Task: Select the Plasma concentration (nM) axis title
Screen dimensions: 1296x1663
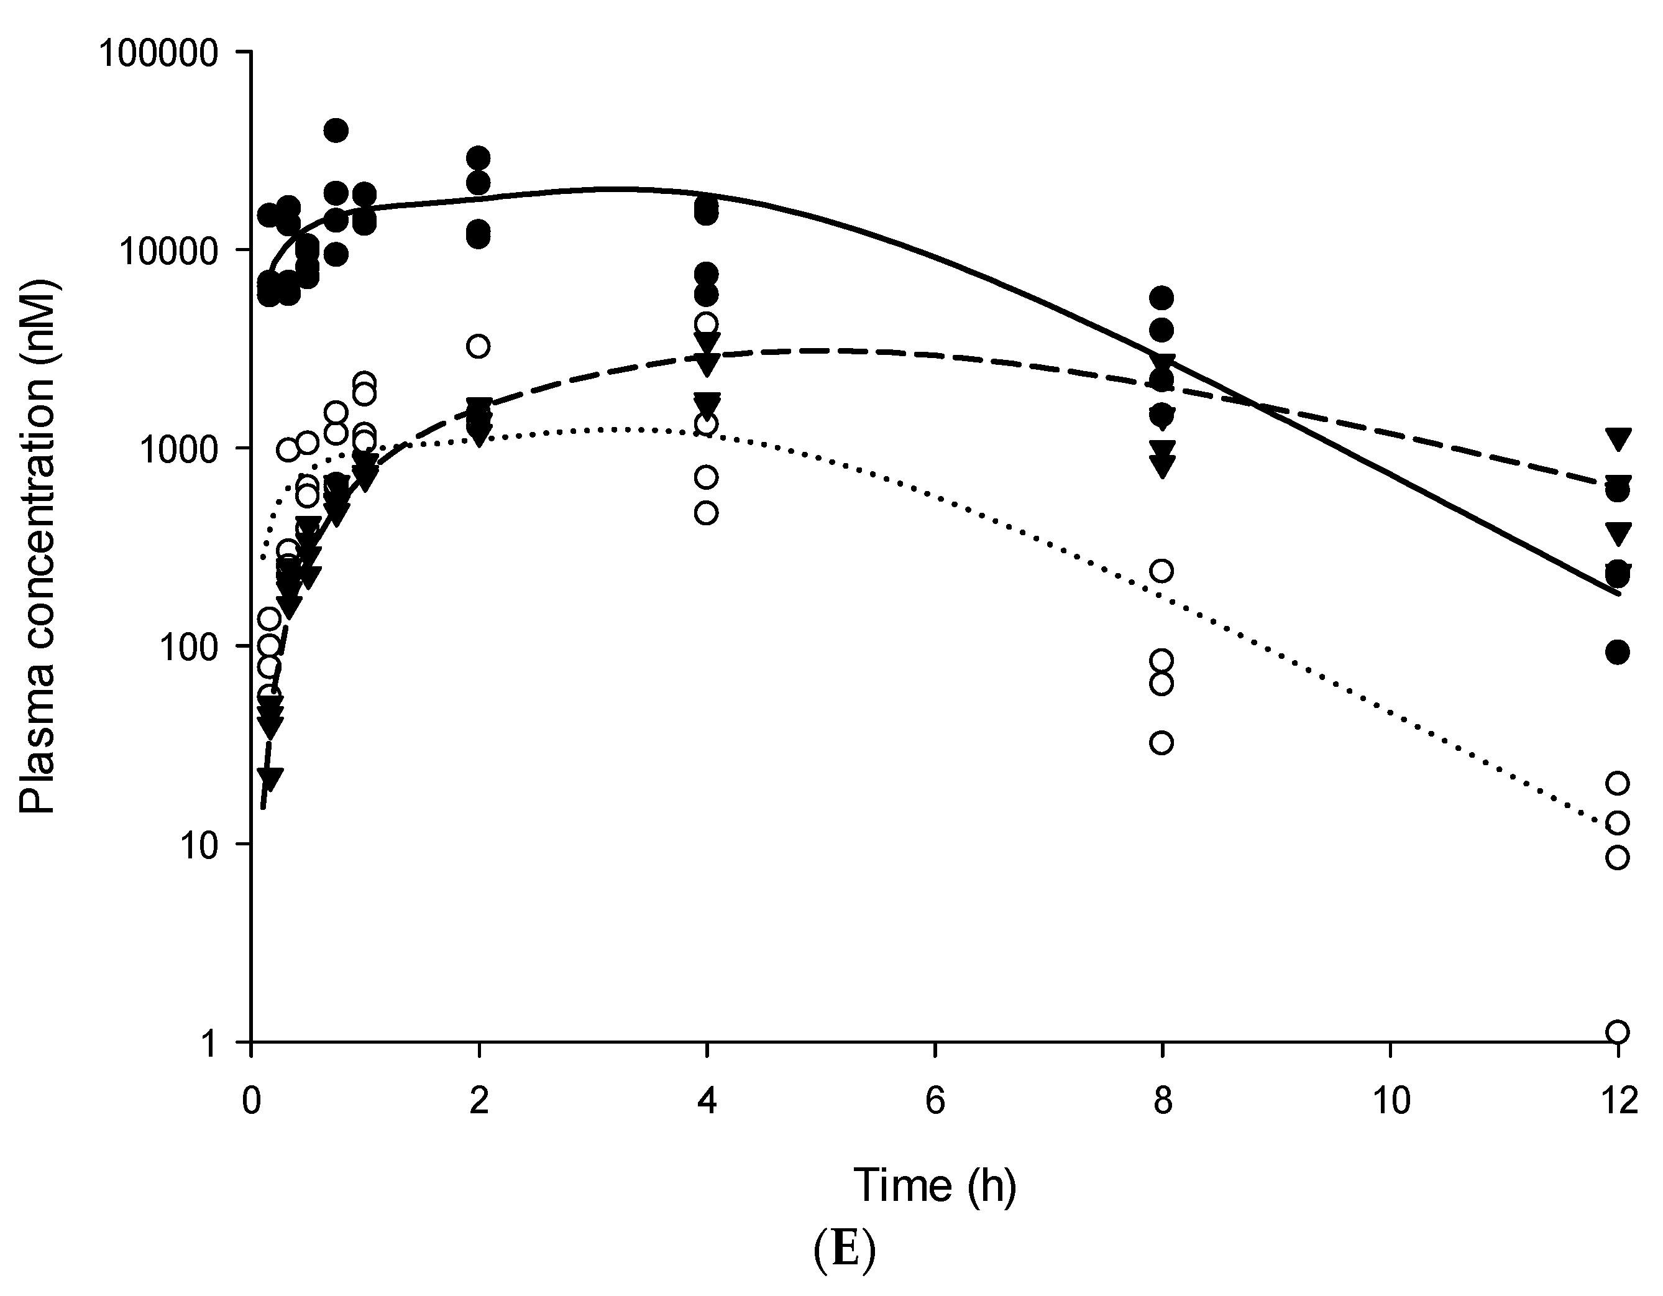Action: (38, 547)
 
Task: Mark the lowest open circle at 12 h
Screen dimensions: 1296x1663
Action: (1617, 1032)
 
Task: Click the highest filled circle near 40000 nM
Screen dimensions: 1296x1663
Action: (336, 130)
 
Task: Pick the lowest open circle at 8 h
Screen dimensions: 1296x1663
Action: (1161, 742)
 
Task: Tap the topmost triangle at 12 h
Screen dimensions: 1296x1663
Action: (1617, 438)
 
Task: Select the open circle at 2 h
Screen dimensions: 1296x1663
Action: (478, 346)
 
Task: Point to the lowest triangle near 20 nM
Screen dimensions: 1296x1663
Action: (270, 778)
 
